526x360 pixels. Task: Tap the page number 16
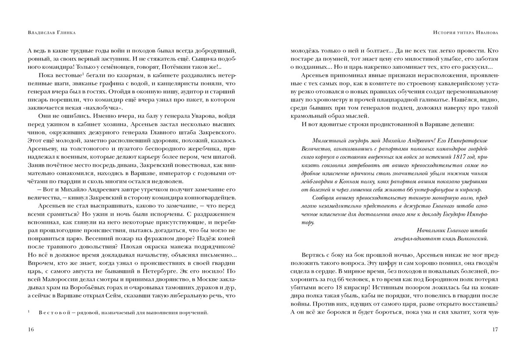30,329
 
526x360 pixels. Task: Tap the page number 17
495,329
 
